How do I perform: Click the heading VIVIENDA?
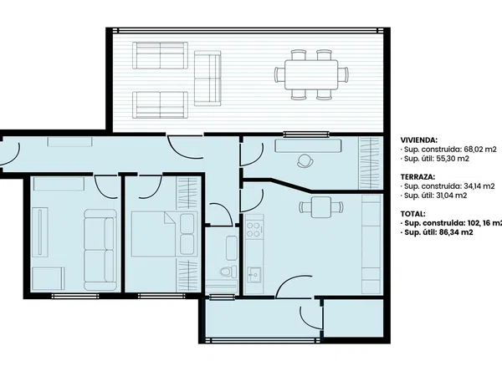[x=419, y=140]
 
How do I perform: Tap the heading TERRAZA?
[x=417, y=177]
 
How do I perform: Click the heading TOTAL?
[x=413, y=214]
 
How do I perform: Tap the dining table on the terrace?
[x=311, y=75]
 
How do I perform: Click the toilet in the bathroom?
[x=228, y=272]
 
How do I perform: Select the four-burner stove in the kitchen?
[x=254, y=230]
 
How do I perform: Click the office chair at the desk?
[x=305, y=160]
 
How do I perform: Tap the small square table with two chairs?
[x=321, y=207]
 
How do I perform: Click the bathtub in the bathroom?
[x=231, y=248]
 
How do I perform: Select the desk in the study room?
[x=308, y=145]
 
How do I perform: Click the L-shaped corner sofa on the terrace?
[x=207, y=79]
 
